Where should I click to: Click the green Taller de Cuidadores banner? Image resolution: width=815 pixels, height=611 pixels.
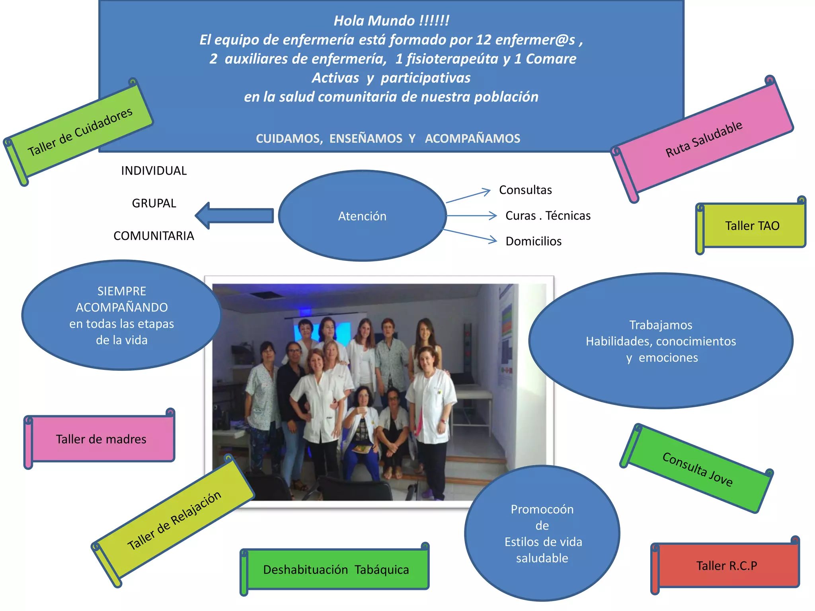click(80, 131)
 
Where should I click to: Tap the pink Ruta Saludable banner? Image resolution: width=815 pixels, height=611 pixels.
click(704, 139)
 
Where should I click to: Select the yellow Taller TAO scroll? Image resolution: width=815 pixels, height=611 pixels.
click(752, 226)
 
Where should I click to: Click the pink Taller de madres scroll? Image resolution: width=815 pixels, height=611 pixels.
click(101, 439)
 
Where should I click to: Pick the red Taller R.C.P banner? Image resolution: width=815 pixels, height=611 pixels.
click(727, 566)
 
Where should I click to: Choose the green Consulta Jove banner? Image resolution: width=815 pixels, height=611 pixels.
click(697, 469)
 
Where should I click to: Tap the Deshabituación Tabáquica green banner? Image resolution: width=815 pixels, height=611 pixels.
click(336, 570)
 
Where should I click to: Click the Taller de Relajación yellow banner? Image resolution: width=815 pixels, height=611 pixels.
click(174, 520)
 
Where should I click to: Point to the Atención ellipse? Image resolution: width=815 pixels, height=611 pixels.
click(362, 216)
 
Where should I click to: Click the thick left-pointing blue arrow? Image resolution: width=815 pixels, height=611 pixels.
click(235, 216)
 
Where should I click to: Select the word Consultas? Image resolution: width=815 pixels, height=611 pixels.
click(525, 190)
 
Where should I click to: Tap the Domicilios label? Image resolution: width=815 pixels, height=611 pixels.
click(533, 241)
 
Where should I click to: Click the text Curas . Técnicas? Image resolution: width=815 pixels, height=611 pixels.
click(548, 216)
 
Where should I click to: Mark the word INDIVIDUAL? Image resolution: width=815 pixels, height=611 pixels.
click(154, 171)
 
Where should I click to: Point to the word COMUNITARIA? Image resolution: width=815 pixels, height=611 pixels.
click(154, 236)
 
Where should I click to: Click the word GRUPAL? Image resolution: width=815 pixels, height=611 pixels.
click(154, 203)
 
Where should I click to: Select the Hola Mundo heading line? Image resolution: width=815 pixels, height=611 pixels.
click(391, 21)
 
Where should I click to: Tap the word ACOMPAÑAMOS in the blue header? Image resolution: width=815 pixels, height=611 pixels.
click(472, 138)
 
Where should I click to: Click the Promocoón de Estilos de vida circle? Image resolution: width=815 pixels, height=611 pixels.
click(542, 533)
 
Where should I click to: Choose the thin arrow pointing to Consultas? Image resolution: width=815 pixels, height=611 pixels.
click(468, 196)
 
